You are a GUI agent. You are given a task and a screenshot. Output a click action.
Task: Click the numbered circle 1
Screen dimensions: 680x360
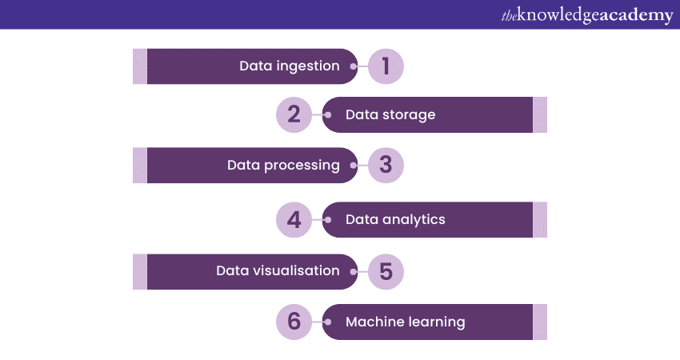[386, 66]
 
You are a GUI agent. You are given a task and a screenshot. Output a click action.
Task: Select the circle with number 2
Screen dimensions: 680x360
[294, 114]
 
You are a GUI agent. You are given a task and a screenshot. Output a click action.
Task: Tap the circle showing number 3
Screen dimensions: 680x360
[386, 166]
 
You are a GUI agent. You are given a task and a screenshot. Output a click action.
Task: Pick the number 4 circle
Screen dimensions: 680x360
[294, 219]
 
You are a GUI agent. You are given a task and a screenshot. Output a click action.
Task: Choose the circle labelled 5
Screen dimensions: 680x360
[386, 271]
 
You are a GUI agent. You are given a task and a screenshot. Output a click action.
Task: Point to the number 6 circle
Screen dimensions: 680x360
[294, 322]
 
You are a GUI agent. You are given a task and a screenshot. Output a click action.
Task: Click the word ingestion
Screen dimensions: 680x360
[308, 66]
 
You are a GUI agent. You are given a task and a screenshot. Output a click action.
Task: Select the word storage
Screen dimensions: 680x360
[409, 115]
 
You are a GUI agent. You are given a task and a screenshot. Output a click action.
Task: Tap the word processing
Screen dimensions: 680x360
[302, 166]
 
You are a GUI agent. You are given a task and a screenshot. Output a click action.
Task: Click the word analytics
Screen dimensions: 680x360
[414, 220]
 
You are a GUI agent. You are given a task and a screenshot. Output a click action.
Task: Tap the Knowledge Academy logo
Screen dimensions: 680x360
[587, 15]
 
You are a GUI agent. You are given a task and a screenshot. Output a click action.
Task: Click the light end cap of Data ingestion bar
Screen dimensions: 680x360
[140, 66]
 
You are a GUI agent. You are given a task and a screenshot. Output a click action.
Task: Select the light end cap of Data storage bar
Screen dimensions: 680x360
[540, 114]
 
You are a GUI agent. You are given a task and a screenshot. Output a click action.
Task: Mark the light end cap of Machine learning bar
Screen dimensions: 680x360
[540, 322]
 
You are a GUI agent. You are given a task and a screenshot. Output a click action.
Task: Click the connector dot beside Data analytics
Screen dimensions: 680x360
[328, 220]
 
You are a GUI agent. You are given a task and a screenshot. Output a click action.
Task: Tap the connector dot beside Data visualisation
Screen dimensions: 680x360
[354, 272]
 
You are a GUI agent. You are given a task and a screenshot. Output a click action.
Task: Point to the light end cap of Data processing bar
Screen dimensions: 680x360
[140, 166]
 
